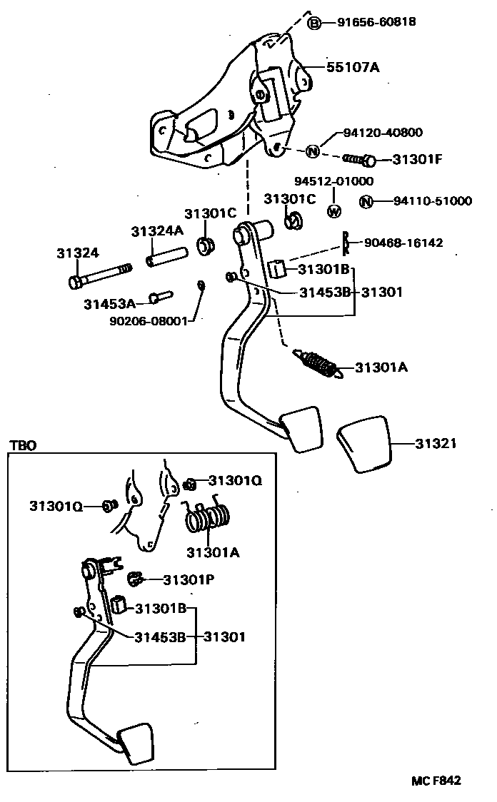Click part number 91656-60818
tap(376, 23)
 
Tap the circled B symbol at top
tap(315, 24)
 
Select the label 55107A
tap(353, 68)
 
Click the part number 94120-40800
tap(382, 133)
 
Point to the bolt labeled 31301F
tap(359, 159)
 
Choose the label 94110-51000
tap(432, 201)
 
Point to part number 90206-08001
tap(148, 321)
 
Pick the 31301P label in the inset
tap(189, 579)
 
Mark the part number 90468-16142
tap(403, 243)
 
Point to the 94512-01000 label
tap(333, 181)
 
